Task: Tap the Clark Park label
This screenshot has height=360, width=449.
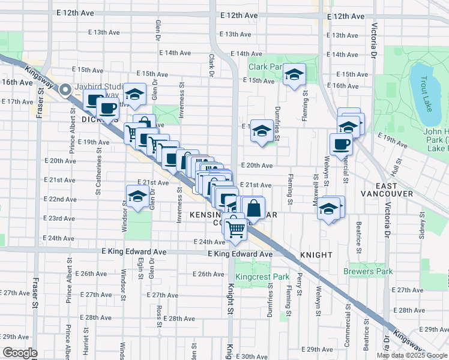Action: [x=265, y=67]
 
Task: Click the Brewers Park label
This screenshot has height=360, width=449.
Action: [x=368, y=271]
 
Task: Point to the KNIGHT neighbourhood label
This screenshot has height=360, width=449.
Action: [x=316, y=255]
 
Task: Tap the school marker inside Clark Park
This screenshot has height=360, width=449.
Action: [x=294, y=74]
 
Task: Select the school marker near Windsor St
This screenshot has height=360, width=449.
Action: [x=137, y=196]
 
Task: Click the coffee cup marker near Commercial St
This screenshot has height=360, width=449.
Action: [x=341, y=145]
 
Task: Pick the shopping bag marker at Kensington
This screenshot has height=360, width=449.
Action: [x=254, y=208]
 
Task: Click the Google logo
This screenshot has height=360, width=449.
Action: [x=19, y=353]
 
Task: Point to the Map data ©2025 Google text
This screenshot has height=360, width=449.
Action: [x=412, y=355]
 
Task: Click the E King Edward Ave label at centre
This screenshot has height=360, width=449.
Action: [x=240, y=254]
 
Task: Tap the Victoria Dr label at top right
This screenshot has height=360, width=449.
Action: [x=374, y=36]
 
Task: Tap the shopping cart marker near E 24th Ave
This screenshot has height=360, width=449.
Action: [x=235, y=228]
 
